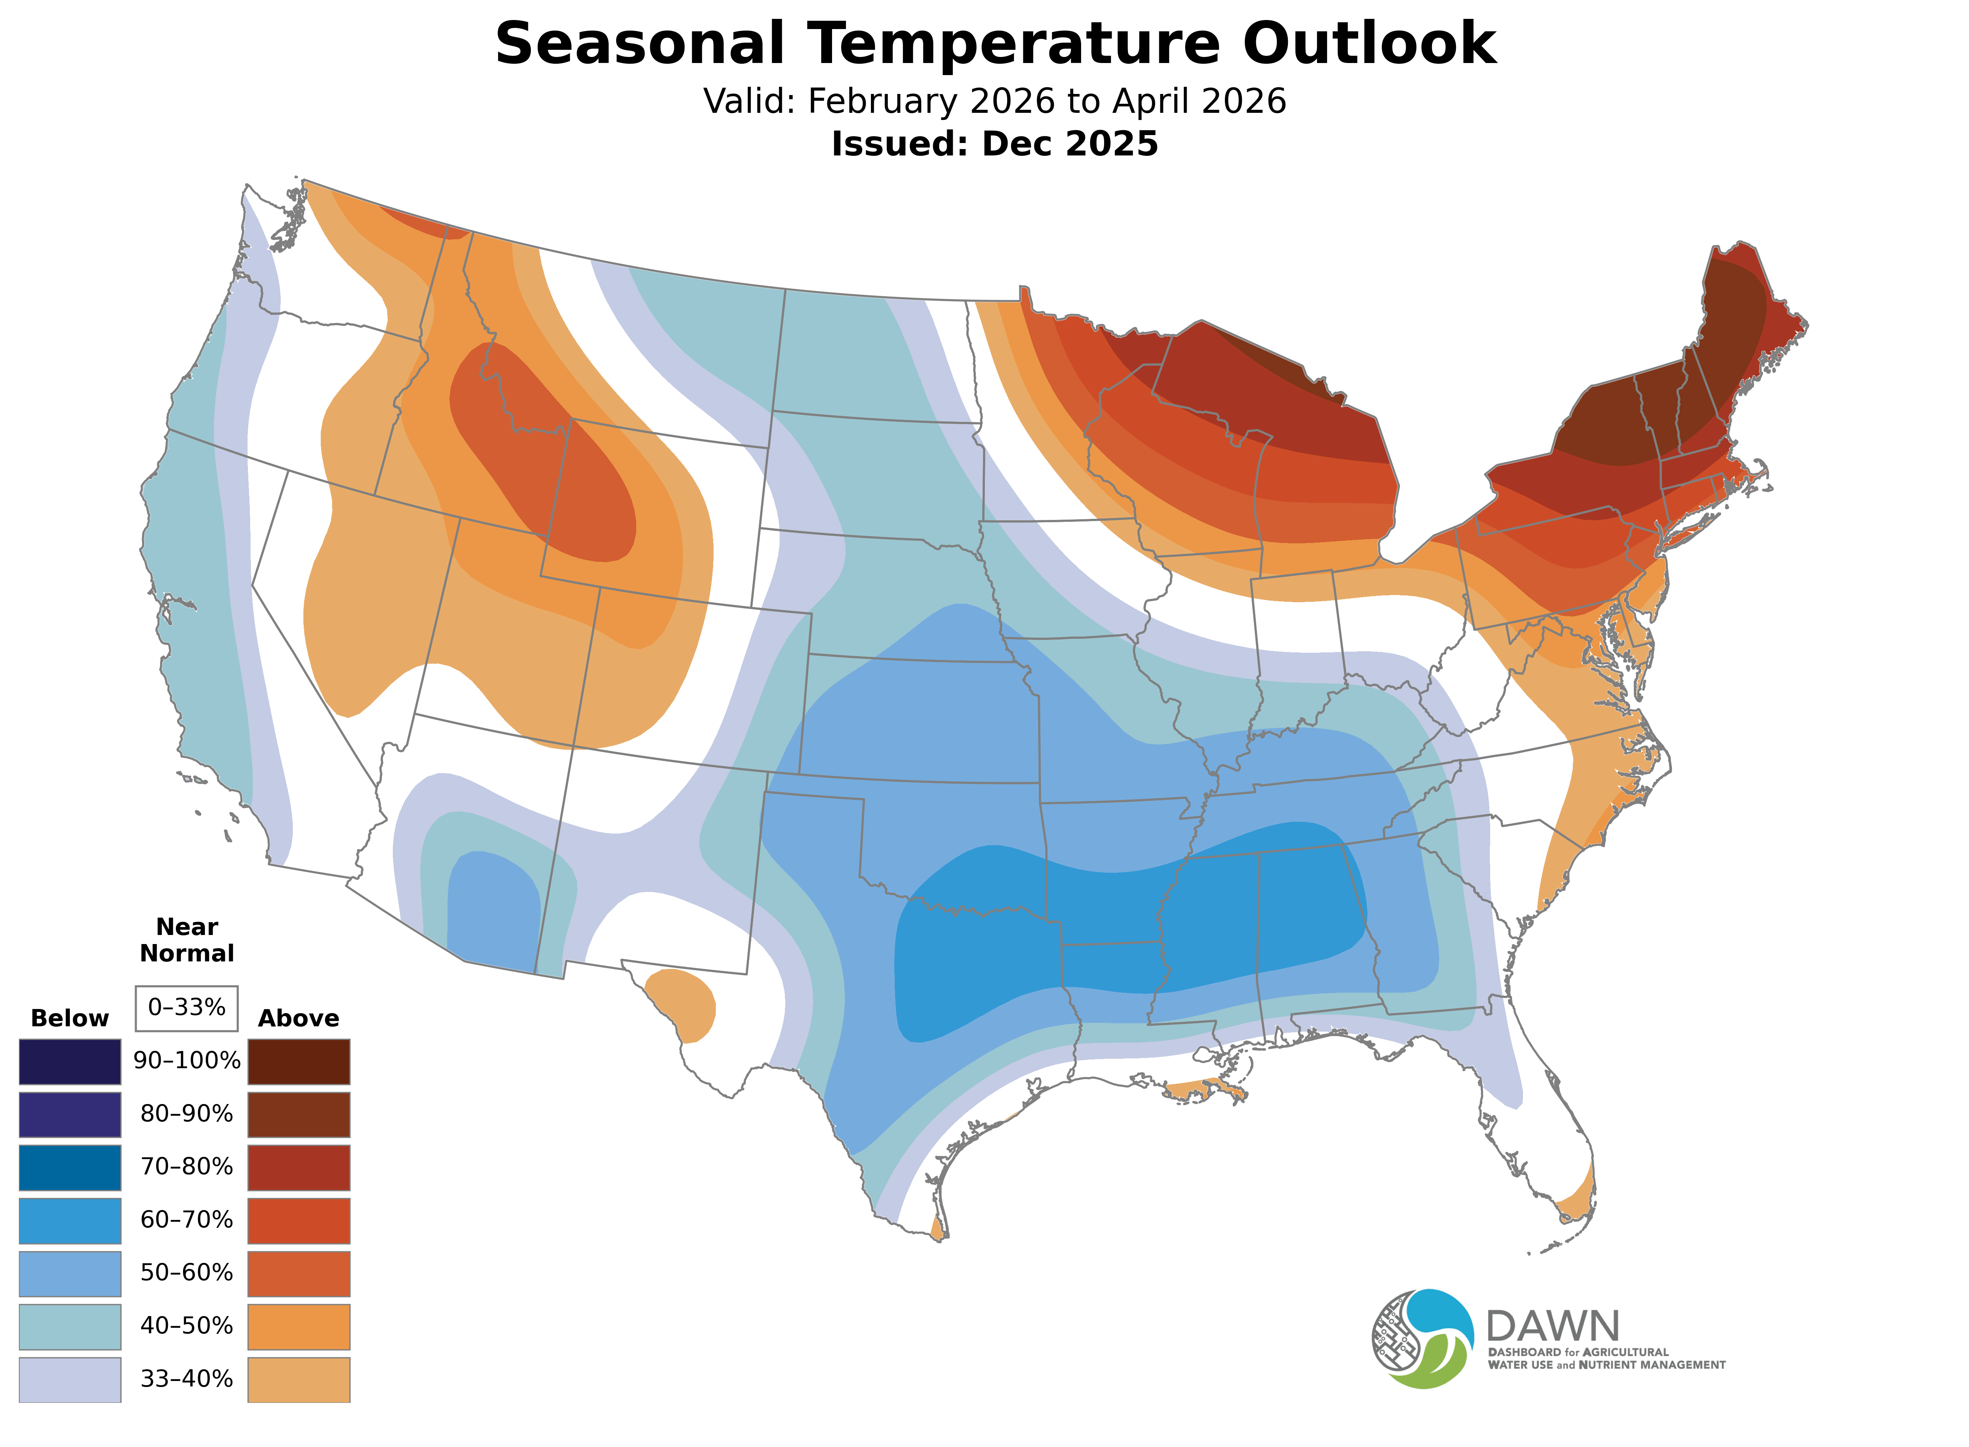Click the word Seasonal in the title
(x=639, y=44)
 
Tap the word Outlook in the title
(x=1369, y=44)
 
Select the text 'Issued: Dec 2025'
(x=994, y=144)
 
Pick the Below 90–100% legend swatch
(x=70, y=1062)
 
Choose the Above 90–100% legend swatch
(x=299, y=1062)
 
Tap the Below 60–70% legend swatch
(x=70, y=1220)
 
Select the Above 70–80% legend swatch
(x=299, y=1167)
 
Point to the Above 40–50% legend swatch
(x=299, y=1326)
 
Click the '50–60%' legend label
(x=186, y=1273)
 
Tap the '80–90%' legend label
(x=186, y=1114)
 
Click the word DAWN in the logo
(x=1553, y=1327)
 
